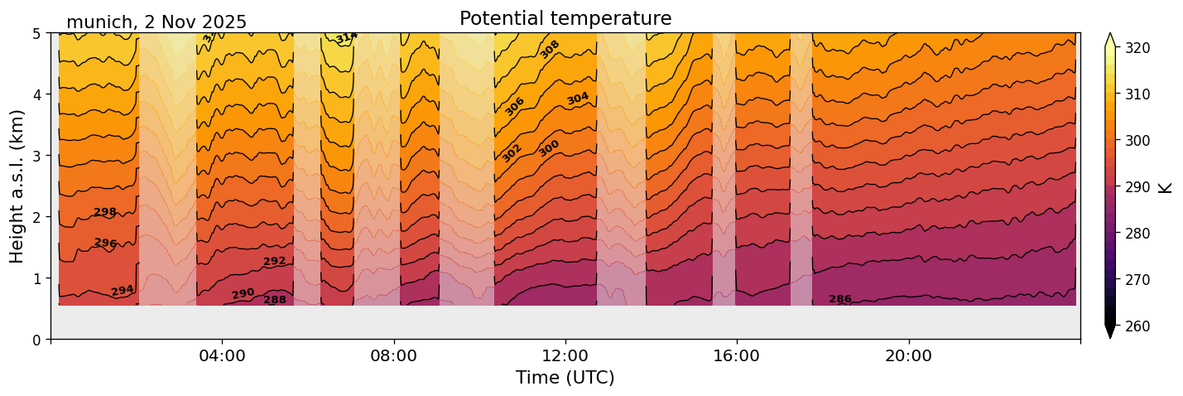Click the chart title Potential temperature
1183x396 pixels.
pos(565,18)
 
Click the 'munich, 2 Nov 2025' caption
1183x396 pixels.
pos(156,22)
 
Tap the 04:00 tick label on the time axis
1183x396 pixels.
pos(222,355)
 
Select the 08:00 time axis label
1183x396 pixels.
pos(393,355)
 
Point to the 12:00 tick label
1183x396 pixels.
pos(565,355)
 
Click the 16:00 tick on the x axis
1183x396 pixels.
pos(737,355)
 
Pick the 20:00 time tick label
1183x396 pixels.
pos(909,355)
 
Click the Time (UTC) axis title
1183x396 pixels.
pos(565,379)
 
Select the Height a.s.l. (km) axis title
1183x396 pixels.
pos(17,186)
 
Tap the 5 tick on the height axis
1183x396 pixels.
pos(38,34)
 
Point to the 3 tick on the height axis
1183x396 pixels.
pos(38,156)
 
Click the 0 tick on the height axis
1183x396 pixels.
pos(38,340)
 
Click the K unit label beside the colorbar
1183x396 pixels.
pos(1166,187)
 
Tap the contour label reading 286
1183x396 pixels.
pos(840,299)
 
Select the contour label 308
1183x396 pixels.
pos(550,49)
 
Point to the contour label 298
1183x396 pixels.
pos(105,213)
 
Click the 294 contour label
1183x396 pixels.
pos(123,291)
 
